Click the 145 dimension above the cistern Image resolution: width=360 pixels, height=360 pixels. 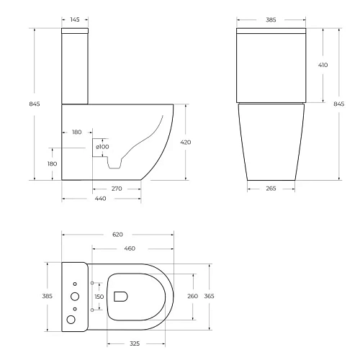click(x=75, y=19)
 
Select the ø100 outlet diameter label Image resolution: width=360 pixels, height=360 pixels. click(x=102, y=147)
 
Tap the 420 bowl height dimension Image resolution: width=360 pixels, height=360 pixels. click(x=186, y=143)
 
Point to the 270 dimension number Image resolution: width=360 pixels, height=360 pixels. click(x=117, y=189)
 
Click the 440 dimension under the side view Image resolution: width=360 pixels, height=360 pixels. click(x=101, y=199)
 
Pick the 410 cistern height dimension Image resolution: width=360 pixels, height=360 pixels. click(x=323, y=65)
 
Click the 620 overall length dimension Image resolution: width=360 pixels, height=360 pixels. click(x=117, y=235)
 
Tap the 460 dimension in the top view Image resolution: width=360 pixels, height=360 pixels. click(x=130, y=248)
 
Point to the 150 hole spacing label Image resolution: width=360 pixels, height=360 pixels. click(x=99, y=296)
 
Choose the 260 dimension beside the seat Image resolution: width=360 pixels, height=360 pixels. click(x=192, y=296)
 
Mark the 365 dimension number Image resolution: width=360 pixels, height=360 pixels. click(x=210, y=296)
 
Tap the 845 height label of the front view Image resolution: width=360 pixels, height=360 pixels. click(x=339, y=104)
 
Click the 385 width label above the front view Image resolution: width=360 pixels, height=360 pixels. click(x=272, y=19)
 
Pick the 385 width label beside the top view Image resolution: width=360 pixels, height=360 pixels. click(x=48, y=296)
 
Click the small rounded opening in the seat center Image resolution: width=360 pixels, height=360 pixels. click(x=121, y=295)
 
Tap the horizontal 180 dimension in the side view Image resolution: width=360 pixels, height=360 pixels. click(x=77, y=132)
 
